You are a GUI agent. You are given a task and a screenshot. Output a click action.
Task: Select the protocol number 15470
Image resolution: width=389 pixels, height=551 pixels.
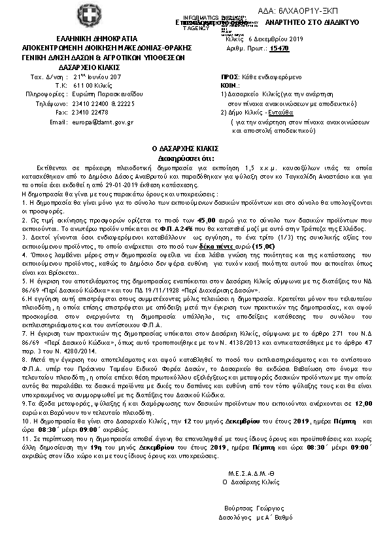click(x=280, y=48)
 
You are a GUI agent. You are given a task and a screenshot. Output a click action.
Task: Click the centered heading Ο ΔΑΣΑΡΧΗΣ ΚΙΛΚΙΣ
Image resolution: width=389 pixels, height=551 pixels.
click(x=194, y=150)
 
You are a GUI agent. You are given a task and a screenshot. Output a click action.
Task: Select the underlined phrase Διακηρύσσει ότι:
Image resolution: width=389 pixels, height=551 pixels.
click(x=194, y=158)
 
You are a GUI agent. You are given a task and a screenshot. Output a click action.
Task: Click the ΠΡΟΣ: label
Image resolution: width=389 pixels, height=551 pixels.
click(x=229, y=76)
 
